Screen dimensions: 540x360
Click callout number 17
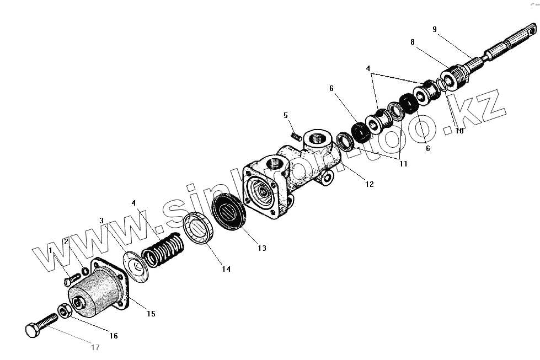(95, 347)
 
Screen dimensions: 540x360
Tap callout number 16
(113, 335)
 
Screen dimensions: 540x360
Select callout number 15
(151, 314)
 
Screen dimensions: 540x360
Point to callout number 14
(226, 269)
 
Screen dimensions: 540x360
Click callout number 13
(261, 249)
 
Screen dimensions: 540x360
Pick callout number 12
(369, 184)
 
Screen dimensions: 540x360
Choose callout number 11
(403, 164)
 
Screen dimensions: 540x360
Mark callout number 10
(459, 131)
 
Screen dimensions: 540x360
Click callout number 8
(412, 41)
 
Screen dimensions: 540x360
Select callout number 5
(286, 115)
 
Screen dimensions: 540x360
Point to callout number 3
(101, 221)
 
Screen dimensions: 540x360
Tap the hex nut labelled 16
(63, 313)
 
